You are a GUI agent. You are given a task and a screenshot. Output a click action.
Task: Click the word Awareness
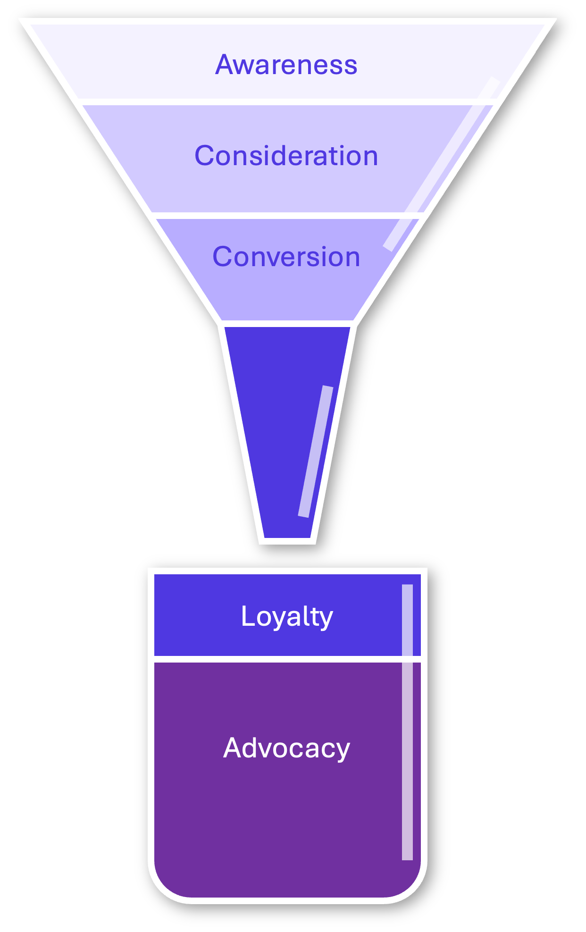[x=286, y=65]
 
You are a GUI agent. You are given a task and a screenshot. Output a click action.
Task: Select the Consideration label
[x=286, y=156]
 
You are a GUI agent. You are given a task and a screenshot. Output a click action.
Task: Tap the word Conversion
[x=286, y=257]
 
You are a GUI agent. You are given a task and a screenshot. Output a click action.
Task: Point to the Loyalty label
[x=287, y=616]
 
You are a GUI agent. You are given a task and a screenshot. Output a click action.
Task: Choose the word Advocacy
[x=286, y=748]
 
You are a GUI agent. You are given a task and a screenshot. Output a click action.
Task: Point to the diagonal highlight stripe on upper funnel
[x=441, y=163]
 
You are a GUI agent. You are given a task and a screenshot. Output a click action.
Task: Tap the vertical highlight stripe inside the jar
[x=407, y=722]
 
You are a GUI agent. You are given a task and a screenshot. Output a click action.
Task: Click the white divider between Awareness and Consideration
[x=286, y=102]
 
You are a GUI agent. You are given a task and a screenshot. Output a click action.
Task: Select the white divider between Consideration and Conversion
[x=286, y=216]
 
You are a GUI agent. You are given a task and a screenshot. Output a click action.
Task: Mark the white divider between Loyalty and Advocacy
[x=286, y=659]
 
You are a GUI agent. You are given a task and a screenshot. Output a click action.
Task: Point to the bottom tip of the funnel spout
[x=287, y=541]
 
